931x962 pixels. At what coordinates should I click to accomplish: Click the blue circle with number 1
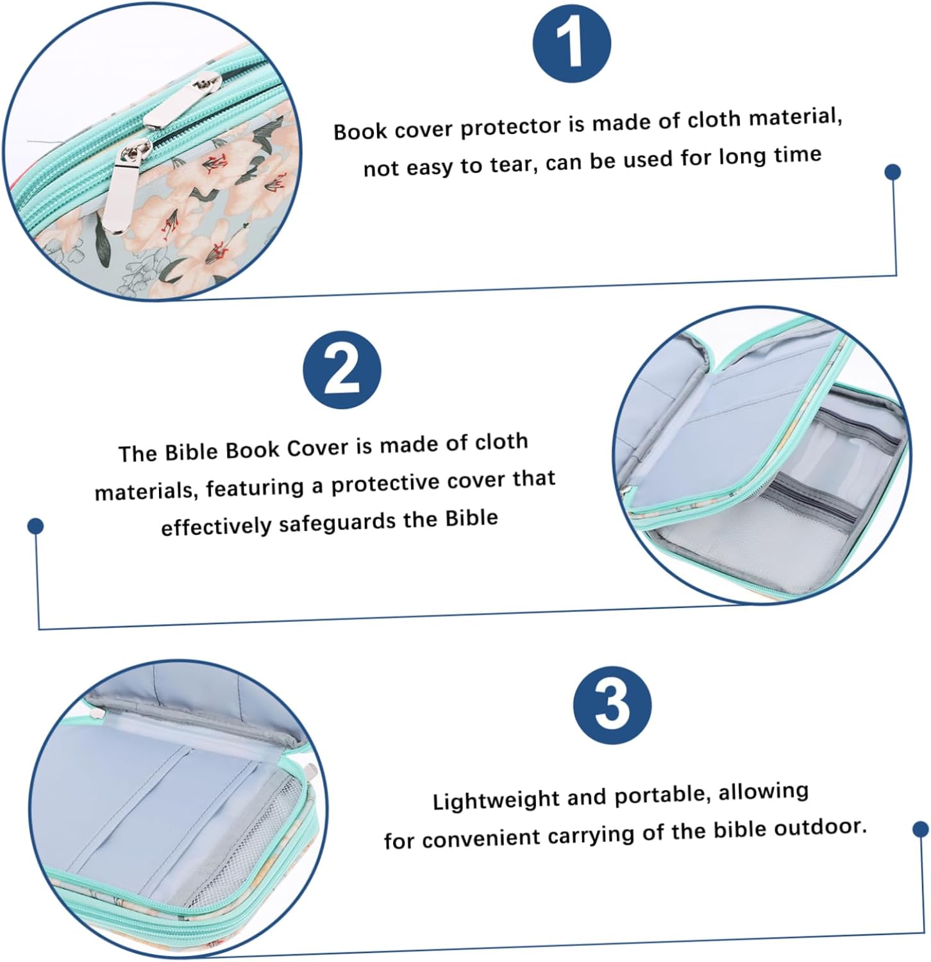(572, 43)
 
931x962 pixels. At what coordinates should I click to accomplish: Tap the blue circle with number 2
(342, 370)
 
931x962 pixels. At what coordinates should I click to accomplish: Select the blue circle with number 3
(612, 704)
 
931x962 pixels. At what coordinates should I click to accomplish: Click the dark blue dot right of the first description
(893, 172)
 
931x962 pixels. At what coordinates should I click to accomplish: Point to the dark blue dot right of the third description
(921, 829)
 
